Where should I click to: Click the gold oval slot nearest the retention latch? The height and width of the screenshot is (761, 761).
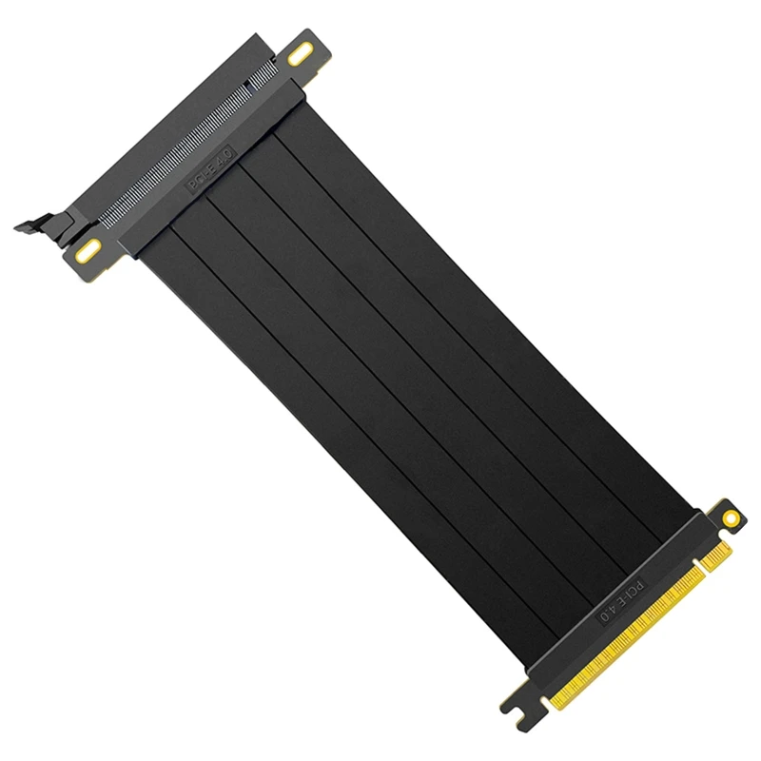click(88, 251)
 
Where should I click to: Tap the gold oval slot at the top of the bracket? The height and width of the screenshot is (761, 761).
click(301, 55)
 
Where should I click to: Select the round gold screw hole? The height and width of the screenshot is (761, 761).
click(731, 517)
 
